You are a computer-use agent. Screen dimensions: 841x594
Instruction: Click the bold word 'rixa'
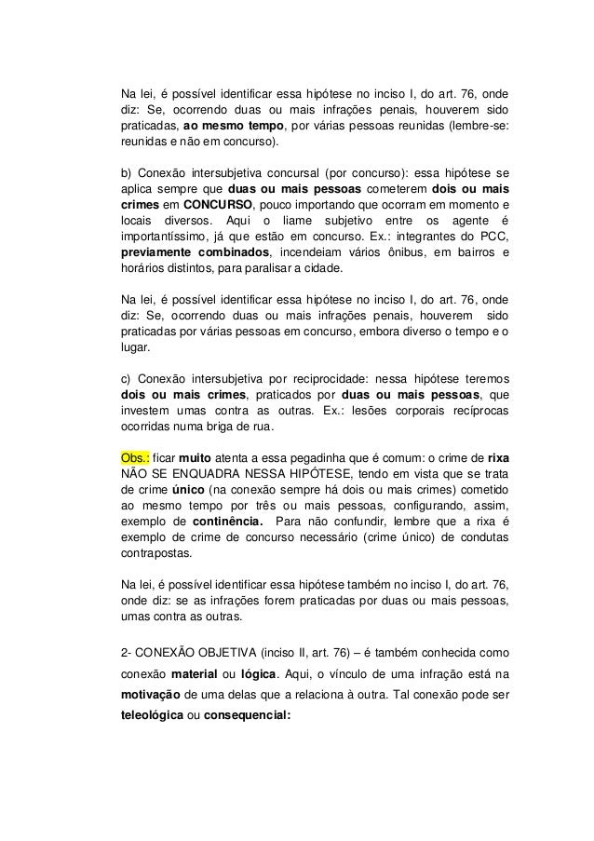pyautogui.click(x=499, y=459)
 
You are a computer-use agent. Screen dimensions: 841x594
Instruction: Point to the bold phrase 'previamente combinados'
pyautogui.click(x=196, y=252)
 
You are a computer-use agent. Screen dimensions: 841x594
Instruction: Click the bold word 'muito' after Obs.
pyautogui.click(x=197, y=459)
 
